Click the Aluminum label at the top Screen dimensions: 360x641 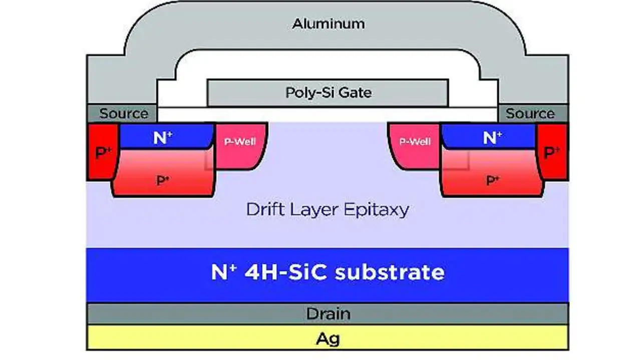[328, 24]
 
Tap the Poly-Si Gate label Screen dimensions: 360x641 [329, 93]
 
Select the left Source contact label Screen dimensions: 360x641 [124, 114]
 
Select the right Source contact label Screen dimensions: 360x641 [530, 114]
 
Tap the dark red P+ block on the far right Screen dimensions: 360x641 [552, 152]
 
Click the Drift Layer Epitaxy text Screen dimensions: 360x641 [328, 209]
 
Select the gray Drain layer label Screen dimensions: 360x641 [328, 314]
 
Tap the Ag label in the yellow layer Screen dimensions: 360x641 [328, 338]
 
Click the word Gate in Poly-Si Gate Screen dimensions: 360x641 [355, 93]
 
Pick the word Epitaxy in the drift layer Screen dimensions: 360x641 [376, 209]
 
